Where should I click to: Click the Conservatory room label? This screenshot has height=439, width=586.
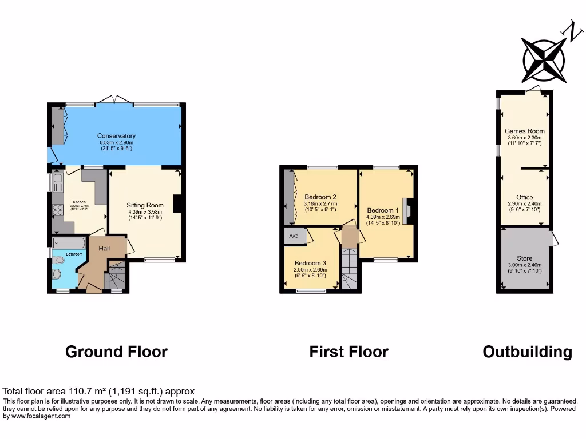pyautogui.click(x=116, y=136)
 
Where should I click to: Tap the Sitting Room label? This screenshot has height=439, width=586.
pyautogui.click(x=145, y=205)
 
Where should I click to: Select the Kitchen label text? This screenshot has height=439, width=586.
pyautogui.click(x=79, y=202)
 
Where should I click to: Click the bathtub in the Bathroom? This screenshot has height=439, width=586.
pyautogui.click(x=68, y=244)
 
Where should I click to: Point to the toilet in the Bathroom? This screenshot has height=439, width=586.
pyautogui.click(x=58, y=260)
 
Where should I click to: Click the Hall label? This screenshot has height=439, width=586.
pyautogui.click(x=104, y=248)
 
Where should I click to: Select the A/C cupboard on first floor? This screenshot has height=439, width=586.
pyautogui.click(x=294, y=236)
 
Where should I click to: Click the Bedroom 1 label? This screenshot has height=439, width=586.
pyautogui.click(x=381, y=210)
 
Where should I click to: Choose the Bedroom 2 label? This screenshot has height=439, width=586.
pyautogui.click(x=320, y=197)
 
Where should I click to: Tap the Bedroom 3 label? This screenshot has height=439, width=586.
pyautogui.click(x=310, y=263)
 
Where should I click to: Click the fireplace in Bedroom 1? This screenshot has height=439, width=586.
pyautogui.click(x=406, y=210)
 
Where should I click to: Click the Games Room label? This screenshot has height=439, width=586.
pyautogui.click(x=524, y=131)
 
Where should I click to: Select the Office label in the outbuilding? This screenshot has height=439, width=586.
pyautogui.click(x=524, y=198)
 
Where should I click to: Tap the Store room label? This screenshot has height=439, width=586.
pyautogui.click(x=524, y=258)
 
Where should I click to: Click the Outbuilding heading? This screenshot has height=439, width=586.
pyautogui.click(x=527, y=352)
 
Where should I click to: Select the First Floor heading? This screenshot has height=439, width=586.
pyautogui.click(x=349, y=352)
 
